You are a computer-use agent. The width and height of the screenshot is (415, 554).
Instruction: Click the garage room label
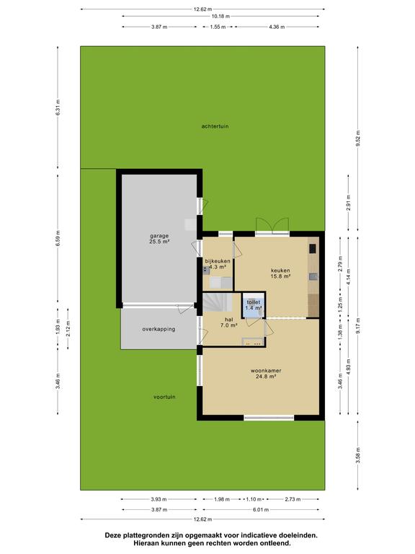click(x=159, y=239)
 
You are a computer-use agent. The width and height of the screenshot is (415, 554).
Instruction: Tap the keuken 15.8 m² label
click(x=280, y=273)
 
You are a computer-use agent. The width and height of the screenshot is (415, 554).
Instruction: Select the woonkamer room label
click(x=266, y=374)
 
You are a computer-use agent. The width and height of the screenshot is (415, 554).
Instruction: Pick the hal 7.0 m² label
click(x=228, y=322)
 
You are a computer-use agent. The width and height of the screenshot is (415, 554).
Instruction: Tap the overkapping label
click(x=159, y=329)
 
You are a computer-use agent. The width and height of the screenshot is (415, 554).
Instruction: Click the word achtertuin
click(x=215, y=126)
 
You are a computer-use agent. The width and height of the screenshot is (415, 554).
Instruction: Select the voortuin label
click(x=164, y=397)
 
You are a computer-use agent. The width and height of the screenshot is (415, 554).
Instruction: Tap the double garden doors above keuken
click(x=272, y=226)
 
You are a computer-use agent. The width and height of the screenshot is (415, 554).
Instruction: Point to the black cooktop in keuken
click(x=313, y=249)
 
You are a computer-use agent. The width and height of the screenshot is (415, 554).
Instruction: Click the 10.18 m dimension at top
click(x=220, y=17)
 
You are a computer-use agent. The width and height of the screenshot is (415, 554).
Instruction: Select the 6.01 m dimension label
click(x=261, y=509)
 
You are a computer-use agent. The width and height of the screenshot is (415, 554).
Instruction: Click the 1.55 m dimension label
click(x=218, y=27)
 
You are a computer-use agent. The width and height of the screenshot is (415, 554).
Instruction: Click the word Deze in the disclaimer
click(x=112, y=536)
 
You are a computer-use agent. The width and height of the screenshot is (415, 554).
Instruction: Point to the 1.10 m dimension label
click(x=254, y=499)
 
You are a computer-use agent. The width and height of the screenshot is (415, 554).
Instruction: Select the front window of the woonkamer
click(x=269, y=418)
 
